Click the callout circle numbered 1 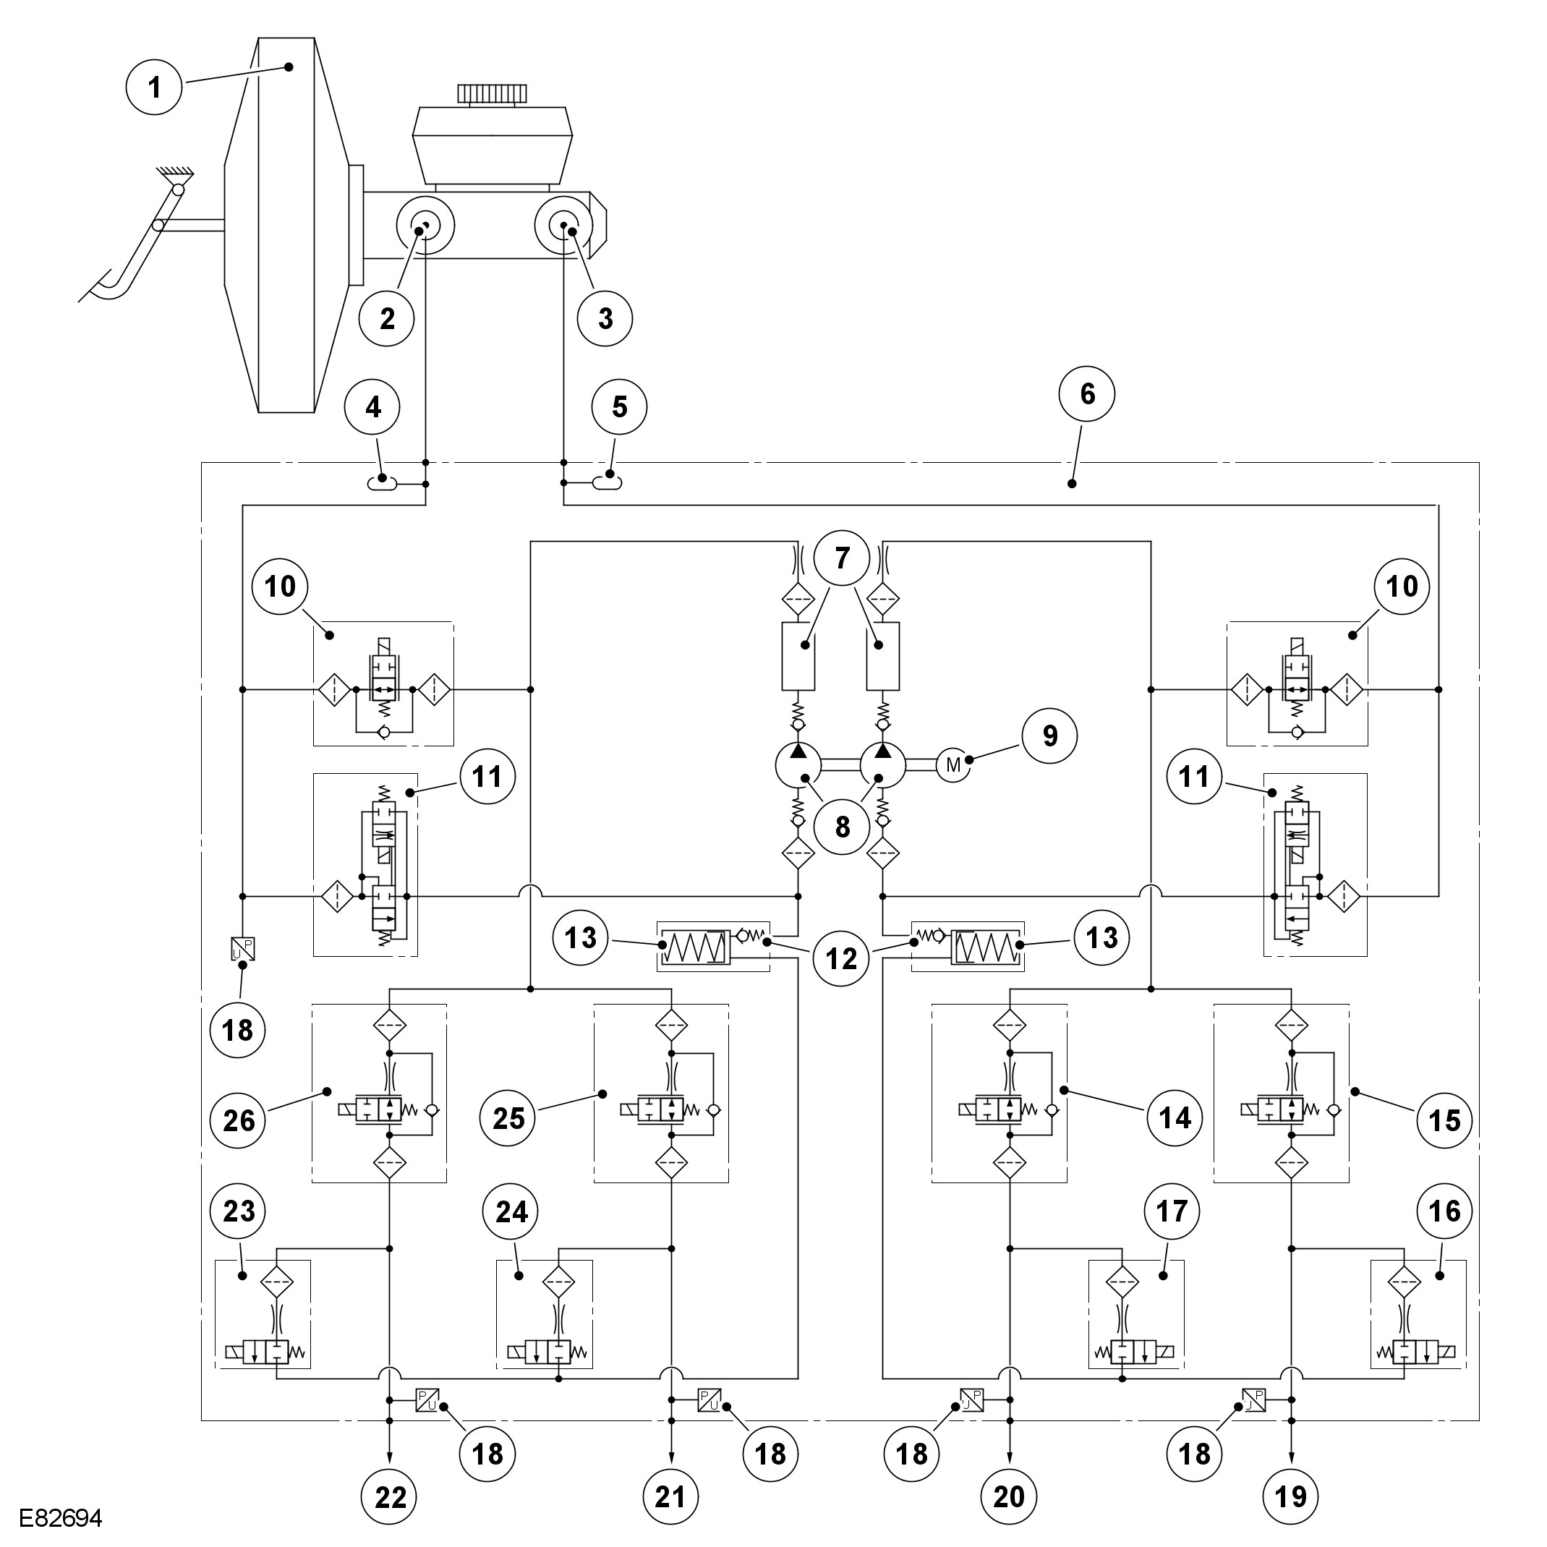pos(155,87)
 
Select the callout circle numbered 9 pos(1049,736)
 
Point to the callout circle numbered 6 pos(1086,393)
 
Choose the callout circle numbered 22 pos(390,1496)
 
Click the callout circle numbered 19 pos(1291,1496)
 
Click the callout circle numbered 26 pos(239,1120)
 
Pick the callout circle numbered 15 pos(1444,1120)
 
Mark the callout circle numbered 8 pos(842,827)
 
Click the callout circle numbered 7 pos(842,558)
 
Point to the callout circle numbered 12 pos(840,958)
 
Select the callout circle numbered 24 pos(511,1211)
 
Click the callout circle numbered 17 pos(1172,1211)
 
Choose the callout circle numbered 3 pos(605,318)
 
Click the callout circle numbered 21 pos(670,1496)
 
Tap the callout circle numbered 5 pos(619,406)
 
